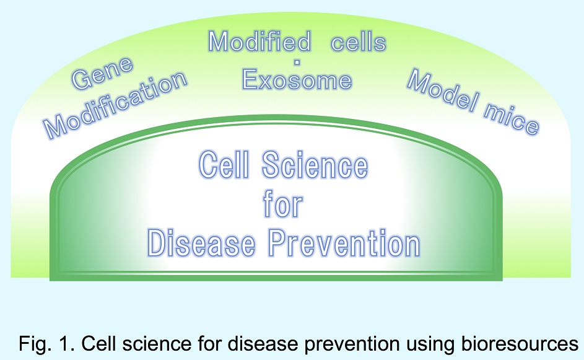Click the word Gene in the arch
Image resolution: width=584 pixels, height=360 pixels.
[102, 73]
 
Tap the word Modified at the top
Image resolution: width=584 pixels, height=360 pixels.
[259, 41]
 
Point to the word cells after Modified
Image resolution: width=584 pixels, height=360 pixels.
[359, 42]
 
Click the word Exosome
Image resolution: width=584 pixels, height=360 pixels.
[297, 80]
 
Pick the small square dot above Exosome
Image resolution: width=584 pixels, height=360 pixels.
[297, 62]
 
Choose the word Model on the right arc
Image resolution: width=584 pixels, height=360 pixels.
[442, 90]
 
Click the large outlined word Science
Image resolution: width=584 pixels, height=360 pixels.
[315, 165]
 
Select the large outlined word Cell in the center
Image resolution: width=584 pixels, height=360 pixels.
[224, 164]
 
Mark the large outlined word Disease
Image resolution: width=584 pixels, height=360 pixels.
[201, 244]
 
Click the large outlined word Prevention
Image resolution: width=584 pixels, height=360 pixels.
[344, 244]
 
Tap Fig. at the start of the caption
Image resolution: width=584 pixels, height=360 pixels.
[35, 344]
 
